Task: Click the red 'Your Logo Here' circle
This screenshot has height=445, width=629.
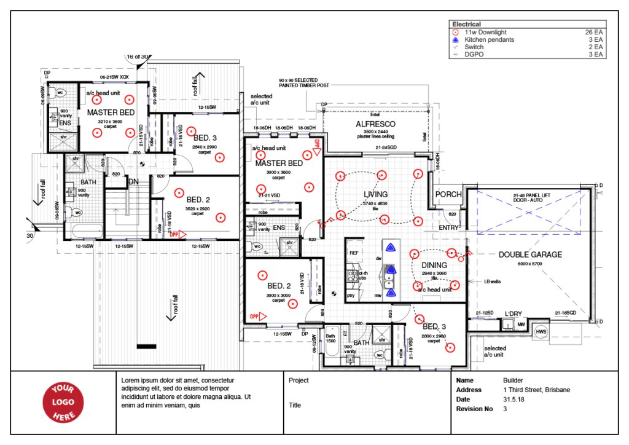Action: (x=62, y=403)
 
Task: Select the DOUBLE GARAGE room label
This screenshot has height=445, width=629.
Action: (x=530, y=254)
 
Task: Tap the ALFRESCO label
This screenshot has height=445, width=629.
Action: (x=375, y=124)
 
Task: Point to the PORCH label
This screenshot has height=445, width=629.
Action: (x=448, y=194)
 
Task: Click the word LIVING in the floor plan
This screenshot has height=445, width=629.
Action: (x=376, y=194)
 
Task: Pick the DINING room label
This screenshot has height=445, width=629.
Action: (x=434, y=265)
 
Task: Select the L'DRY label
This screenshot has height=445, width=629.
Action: (x=513, y=313)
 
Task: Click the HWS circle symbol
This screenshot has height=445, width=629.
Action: (x=541, y=332)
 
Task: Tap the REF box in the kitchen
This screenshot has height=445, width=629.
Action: (x=354, y=253)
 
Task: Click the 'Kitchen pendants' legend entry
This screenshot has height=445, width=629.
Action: (x=489, y=39)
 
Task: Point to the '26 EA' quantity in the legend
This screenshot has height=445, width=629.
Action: (x=594, y=32)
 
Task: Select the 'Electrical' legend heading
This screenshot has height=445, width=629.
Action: (x=466, y=25)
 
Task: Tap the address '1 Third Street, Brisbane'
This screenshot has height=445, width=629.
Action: (x=536, y=390)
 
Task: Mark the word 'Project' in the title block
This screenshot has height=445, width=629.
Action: (x=299, y=380)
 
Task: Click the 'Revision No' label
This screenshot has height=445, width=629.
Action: (x=475, y=409)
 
